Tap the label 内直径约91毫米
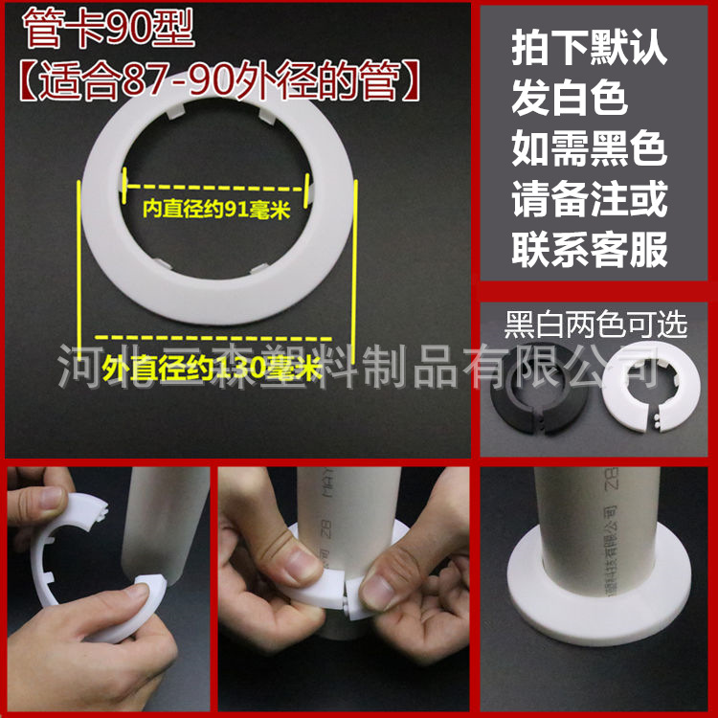[217, 208]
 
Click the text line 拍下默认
[590, 48]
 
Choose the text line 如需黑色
[590, 150]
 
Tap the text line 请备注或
[590, 201]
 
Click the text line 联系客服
[590, 252]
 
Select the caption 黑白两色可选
[595, 325]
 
